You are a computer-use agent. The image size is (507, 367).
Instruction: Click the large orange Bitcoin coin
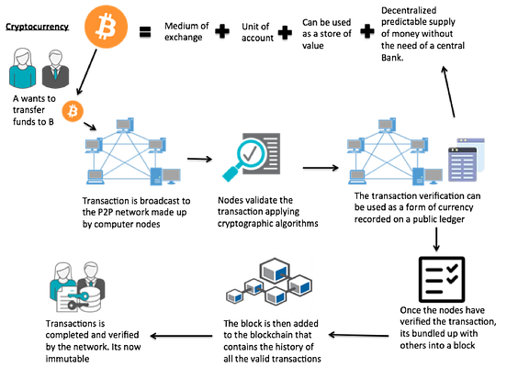pos(107,26)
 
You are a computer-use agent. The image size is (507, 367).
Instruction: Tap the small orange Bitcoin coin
pos(73,111)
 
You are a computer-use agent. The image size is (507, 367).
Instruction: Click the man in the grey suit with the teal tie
pos(55,70)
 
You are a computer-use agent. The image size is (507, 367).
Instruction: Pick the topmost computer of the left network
pos(125,122)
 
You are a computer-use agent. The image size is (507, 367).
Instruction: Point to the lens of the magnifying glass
pos(249,150)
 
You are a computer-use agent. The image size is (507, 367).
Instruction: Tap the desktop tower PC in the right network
pos(418,175)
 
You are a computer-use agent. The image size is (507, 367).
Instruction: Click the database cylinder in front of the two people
pos(91,301)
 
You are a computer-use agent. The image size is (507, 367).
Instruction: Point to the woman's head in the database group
pos(62,272)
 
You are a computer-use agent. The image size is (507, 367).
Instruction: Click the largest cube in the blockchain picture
pos(275,271)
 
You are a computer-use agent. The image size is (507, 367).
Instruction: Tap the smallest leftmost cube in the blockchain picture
pos(233,296)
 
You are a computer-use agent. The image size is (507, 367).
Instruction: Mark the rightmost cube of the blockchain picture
pos(300,285)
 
